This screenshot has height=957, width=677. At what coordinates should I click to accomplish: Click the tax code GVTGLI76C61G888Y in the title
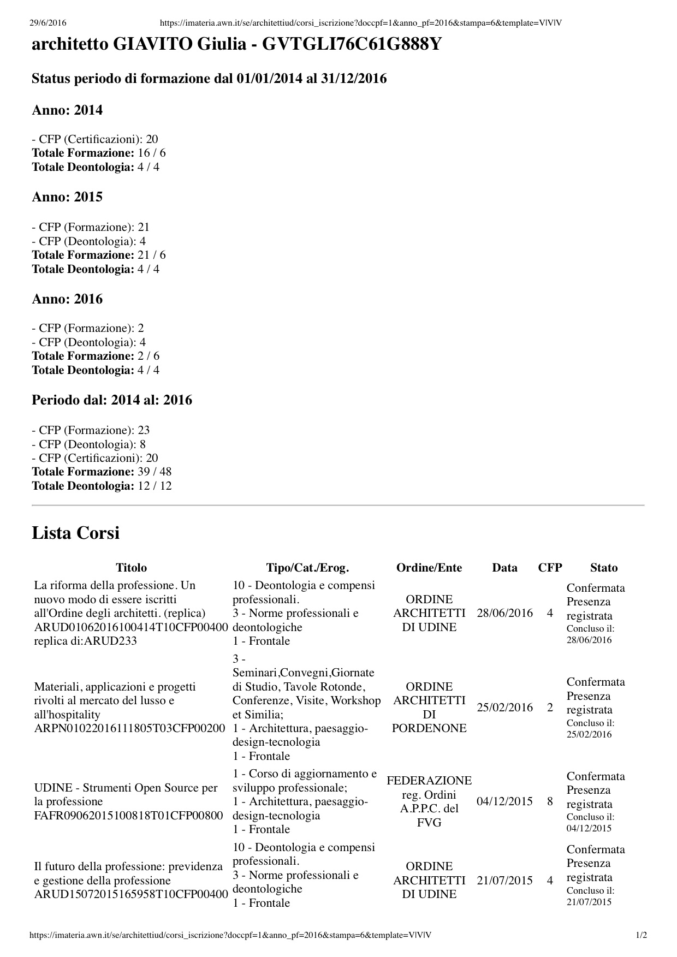(x=352, y=45)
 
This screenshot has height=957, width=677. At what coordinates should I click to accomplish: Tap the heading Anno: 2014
(x=67, y=110)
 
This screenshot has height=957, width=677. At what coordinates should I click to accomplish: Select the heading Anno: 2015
(x=67, y=197)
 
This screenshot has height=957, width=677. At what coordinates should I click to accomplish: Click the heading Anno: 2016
(x=67, y=299)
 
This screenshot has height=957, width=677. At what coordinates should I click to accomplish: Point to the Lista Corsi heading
(x=75, y=533)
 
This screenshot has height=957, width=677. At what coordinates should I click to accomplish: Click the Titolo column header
(x=131, y=568)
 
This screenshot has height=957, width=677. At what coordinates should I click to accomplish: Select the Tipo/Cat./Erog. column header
(x=307, y=568)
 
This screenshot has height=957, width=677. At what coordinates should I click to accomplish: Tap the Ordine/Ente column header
(x=429, y=568)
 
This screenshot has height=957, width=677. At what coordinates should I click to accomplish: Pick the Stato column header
(x=603, y=568)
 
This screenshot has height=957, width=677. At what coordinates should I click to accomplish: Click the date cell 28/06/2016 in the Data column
(x=504, y=613)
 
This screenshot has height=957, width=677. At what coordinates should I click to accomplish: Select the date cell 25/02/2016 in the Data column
(x=504, y=708)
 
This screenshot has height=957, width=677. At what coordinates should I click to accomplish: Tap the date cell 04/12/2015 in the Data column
(x=504, y=801)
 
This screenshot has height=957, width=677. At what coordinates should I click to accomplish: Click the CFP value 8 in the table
(x=550, y=801)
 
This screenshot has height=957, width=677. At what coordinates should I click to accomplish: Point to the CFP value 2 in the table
(x=550, y=708)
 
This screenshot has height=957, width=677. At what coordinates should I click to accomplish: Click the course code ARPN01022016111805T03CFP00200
(x=130, y=728)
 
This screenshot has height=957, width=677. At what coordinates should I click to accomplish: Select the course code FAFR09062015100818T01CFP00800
(x=129, y=816)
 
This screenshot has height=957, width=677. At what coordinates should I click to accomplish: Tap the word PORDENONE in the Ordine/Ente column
(x=429, y=728)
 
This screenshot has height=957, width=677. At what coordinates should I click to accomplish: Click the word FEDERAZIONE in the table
(x=429, y=781)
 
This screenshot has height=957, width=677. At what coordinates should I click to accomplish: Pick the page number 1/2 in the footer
(x=642, y=935)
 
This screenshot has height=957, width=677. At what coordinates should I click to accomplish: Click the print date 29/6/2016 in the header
(x=47, y=22)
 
